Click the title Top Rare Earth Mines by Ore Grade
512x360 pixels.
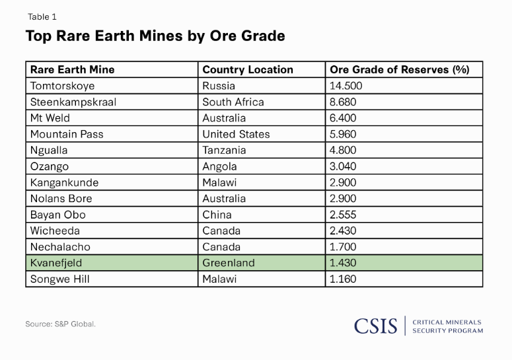tap(155, 36)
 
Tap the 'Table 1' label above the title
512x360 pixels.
tap(42, 17)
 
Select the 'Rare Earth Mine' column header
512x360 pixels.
tap(72, 69)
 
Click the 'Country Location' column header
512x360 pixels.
tap(248, 69)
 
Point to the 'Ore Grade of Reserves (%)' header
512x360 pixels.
tap(399, 69)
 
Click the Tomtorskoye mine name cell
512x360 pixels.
tap(62, 86)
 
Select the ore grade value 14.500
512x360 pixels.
tap(346, 86)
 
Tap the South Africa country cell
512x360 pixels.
tap(233, 102)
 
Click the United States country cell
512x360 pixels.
tap(236, 134)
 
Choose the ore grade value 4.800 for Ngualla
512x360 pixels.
tap(344, 150)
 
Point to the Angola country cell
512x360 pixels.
tap(219, 166)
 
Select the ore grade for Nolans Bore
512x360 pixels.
tap(344, 198)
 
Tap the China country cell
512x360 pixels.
tap(217, 215)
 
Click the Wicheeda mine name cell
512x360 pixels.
tap(55, 231)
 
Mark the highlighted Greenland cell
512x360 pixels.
tap(228, 263)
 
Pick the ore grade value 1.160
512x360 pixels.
tap(343, 279)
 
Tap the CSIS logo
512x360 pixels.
tap(375, 326)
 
